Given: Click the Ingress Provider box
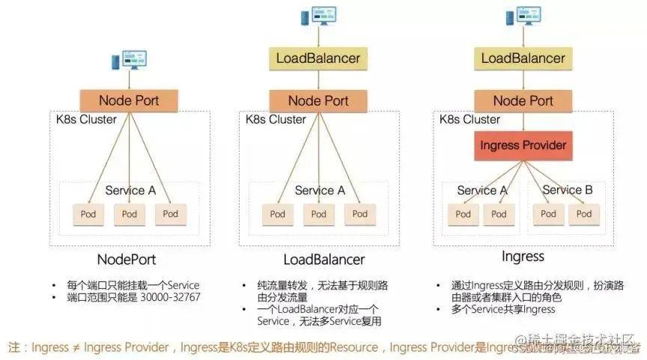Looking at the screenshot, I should point(523,144).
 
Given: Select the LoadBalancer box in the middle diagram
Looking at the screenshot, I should point(318,58).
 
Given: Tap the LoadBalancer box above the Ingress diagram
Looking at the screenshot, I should point(523,58).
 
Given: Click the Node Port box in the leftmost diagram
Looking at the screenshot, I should point(130,101).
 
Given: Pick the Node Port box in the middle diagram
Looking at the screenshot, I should point(318,101).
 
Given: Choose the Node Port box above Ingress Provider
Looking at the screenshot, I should point(523,101).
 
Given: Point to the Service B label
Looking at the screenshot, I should point(567,190).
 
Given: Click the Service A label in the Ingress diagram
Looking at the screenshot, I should point(482,190).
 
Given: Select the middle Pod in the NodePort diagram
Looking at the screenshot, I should point(130,214).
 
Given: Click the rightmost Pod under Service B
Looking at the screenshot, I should point(583,214).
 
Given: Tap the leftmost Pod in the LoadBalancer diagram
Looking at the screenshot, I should point(278,214).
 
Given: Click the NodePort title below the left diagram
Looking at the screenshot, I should point(130,260).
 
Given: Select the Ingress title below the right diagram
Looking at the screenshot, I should point(523,257).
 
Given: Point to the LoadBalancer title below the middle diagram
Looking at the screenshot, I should point(323,260).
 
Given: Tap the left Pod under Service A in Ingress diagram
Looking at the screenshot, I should point(464,214).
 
